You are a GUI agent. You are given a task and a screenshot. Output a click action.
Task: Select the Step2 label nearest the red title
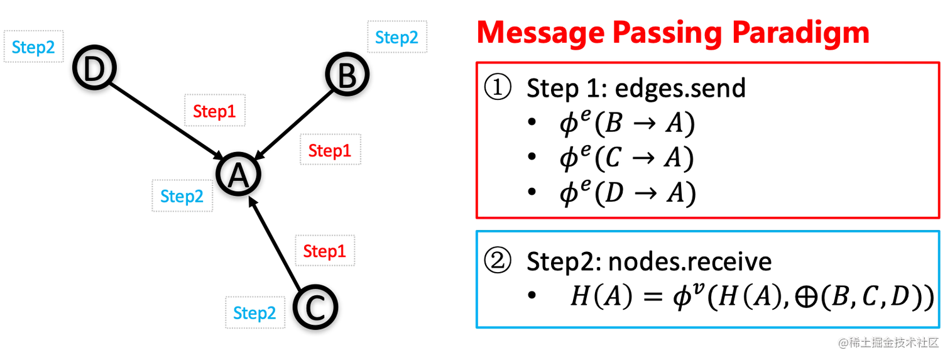point(397,36)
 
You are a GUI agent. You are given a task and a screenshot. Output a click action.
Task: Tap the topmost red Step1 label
point(216,111)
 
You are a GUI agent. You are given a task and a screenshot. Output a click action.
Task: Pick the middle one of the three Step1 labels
point(330,150)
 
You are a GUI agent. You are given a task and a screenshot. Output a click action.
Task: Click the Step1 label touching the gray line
point(324,251)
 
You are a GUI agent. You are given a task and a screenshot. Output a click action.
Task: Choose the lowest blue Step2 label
point(254,312)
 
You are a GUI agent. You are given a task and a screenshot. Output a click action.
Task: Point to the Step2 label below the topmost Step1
point(181,197)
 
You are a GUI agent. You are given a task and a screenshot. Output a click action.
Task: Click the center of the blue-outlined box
point(708,280)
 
